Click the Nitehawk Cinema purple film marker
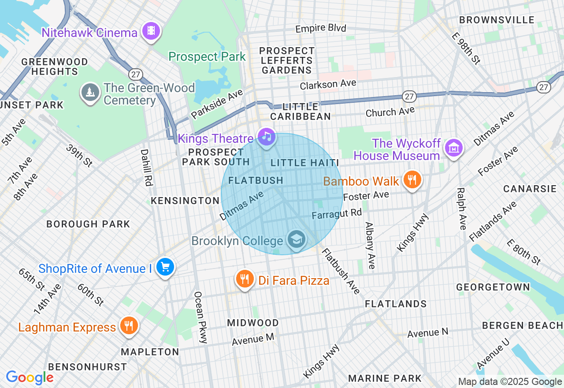(151, 31)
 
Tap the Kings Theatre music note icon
(266, 137)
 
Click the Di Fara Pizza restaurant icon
(245, 279)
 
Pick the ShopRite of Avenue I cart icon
(165, 267)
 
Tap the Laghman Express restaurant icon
(128, 326)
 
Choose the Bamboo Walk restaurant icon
(412, 179)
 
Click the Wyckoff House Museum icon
(453, 148)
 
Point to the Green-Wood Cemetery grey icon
(90, 92)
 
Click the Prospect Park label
(207, 57)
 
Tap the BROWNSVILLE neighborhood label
(497, 20)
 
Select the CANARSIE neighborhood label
(530, 189)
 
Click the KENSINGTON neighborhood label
(185, 201)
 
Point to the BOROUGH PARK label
(88, 224)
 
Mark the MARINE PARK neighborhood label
(385, 378)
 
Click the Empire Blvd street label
(321, 29)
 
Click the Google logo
(30, 378)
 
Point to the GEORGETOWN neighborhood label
(493, 287)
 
